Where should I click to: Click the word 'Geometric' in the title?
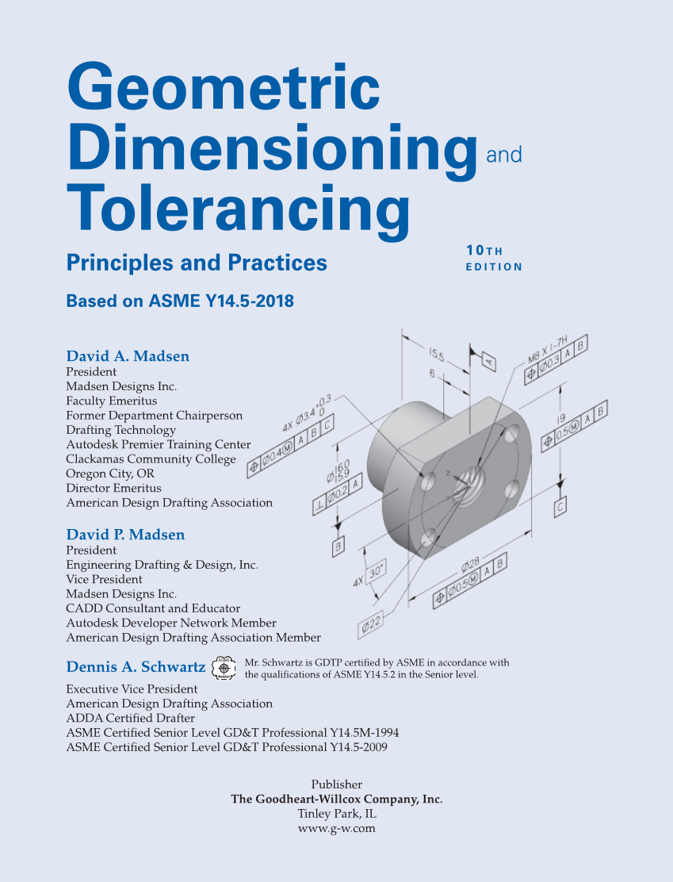point(224,87)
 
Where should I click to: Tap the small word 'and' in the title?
point(503,154)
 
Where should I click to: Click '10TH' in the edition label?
point(484,251)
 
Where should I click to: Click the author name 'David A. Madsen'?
point(128,356)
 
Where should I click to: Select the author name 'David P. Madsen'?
point(125,535)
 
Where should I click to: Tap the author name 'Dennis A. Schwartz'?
point(136,666)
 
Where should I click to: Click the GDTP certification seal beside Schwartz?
point(225,667)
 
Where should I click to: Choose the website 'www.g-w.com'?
point(336,828)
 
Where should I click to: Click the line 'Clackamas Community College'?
point(151,459)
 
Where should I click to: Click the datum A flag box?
point(489,362)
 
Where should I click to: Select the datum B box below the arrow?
point(338,545)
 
